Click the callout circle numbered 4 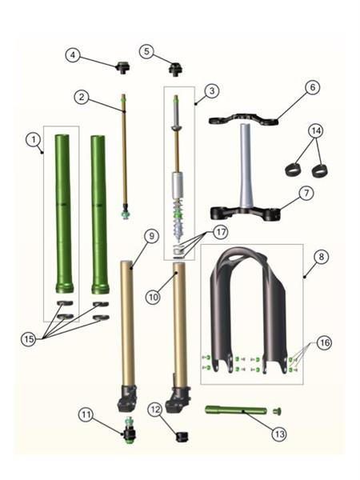click(73, 55)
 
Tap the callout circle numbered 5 click(146, 51)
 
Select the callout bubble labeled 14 click(316, 131)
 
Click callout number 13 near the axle click(279, 434)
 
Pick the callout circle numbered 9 click(151, 236)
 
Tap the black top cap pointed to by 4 click(122, 67)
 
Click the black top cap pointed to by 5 click(175, 70)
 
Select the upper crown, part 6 click(244, 119)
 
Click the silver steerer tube click(246, 166)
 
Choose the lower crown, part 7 click(246, 214)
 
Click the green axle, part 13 click(236, 410)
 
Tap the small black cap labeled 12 click(182, 437)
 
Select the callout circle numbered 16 click(324, 343)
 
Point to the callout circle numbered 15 click(29, 339)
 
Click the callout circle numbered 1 click(33, 140)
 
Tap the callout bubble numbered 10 click(153, 297)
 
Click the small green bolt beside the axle click(277, 411)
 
